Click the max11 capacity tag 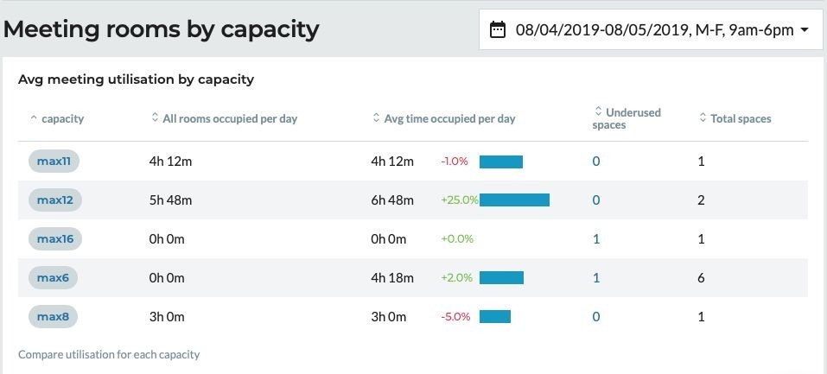54,161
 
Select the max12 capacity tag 54,200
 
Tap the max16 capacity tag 54,239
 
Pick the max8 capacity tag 53,317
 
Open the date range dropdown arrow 805,30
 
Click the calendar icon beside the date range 497,30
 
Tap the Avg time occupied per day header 448,118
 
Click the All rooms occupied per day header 229,118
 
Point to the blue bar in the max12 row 514,200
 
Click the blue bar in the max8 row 495,317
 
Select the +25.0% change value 459,200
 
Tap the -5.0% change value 455,317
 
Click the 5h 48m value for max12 170,200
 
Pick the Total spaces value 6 701,278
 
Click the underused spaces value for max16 596,239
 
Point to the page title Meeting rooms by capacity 162,29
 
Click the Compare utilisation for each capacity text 109,354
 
